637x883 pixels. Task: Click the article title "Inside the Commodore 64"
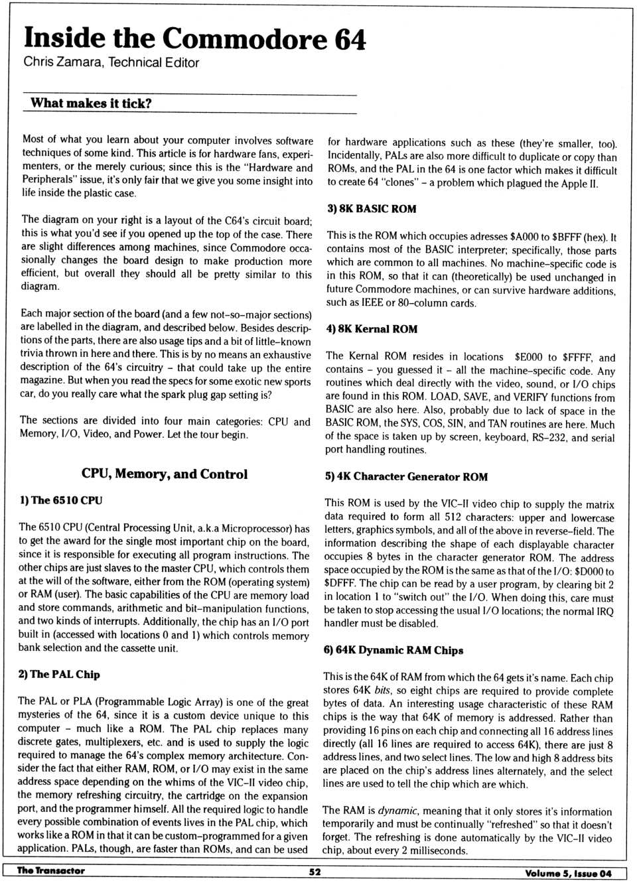pos(194,38)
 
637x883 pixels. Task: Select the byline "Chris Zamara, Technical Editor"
pos(111,63)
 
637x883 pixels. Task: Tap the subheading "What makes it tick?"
pos(91,103)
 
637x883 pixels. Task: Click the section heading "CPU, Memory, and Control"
pos(165,474)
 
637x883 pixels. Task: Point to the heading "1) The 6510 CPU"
pos(61,501)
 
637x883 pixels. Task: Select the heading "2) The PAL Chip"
pos(59,674)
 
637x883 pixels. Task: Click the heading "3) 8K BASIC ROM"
pos(372,209)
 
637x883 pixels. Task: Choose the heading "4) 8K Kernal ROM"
pos(372,329)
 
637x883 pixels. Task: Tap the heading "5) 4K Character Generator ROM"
pos(406,476)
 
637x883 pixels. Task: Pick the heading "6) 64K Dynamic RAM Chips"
pos(393,650)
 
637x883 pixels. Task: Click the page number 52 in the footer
pos(315,872)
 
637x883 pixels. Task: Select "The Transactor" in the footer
pos(51,871)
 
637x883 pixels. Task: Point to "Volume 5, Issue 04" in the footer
pos(568,873)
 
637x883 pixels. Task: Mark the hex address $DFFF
pos(338,584)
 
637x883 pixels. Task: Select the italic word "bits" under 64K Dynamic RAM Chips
pos(382,691)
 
